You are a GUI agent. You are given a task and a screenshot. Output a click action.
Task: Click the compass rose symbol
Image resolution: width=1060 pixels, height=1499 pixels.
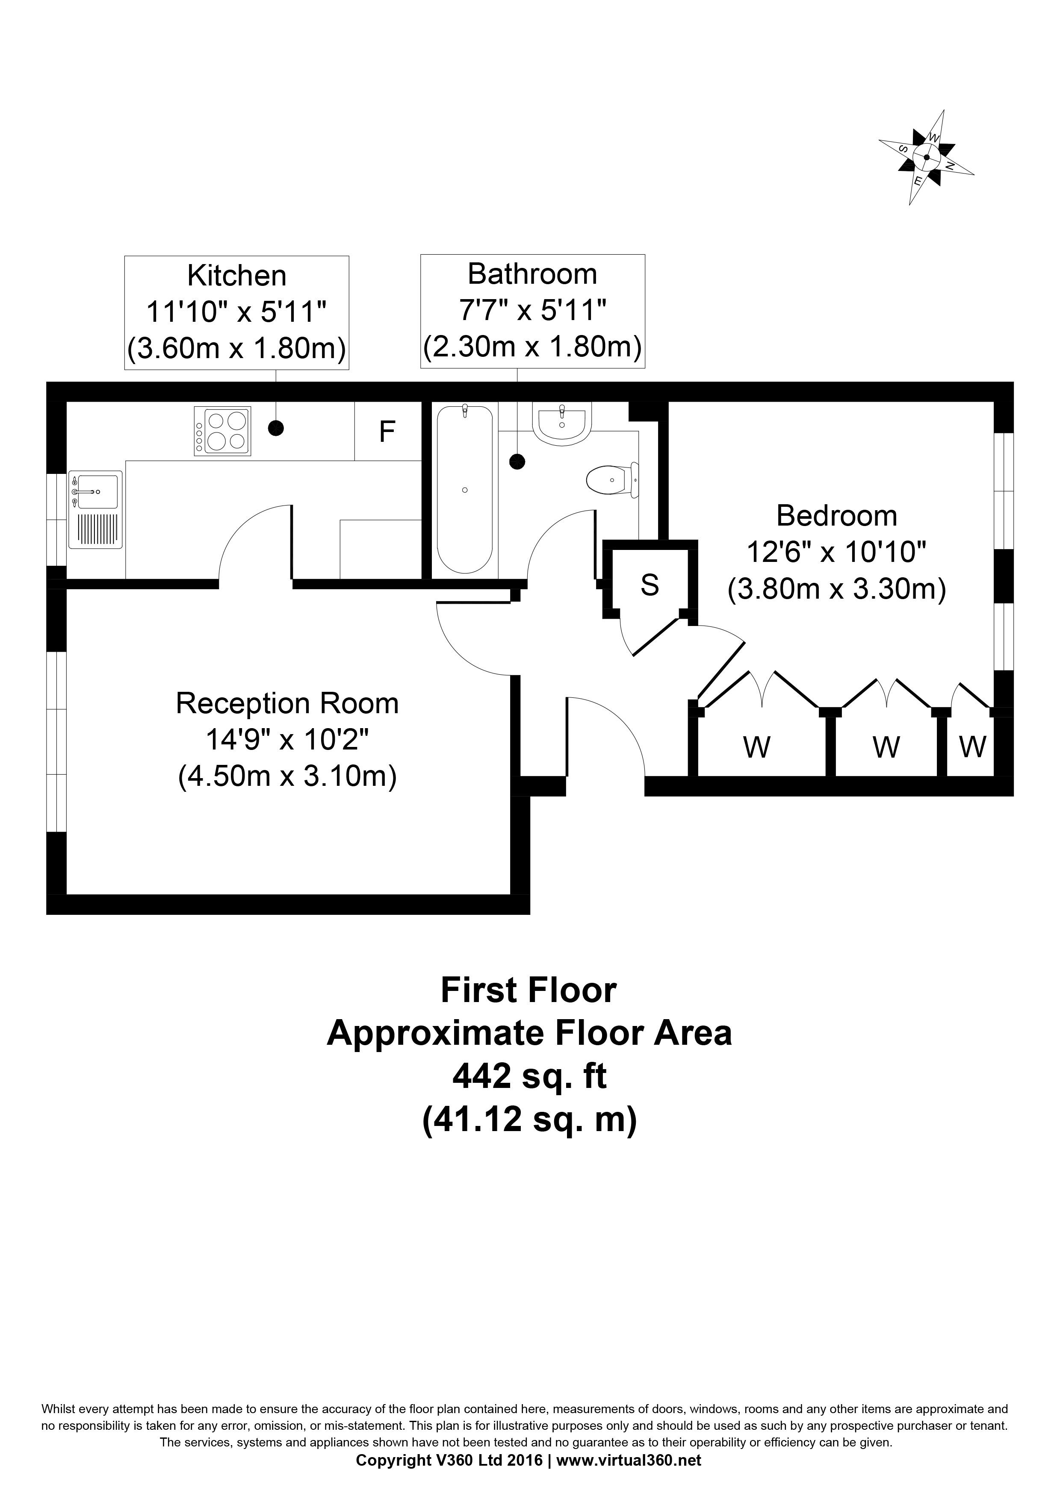click(926, 157)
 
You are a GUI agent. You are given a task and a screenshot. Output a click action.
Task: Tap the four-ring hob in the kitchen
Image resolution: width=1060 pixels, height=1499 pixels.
click(222, 431)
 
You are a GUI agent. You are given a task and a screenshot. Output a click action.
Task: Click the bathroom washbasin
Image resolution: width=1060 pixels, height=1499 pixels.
click(562, 424)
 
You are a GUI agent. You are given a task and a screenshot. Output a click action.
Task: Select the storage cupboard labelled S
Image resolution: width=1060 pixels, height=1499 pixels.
click(650, 584)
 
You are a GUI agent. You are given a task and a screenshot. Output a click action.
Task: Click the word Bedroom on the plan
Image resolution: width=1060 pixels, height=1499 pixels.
click(837, 516)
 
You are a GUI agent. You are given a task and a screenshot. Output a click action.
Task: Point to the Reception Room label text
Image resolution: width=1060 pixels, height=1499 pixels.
click(287, 703)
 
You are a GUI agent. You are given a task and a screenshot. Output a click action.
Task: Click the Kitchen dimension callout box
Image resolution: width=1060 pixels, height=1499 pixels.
click(236, 312)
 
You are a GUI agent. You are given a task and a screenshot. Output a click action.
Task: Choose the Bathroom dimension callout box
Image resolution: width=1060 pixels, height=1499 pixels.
click(532, 311)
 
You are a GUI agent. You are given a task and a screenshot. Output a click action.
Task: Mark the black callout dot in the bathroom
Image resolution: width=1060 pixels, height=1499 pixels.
click(517, 461)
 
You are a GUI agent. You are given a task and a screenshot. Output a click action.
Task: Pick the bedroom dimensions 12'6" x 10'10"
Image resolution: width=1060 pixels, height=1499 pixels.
click(837, 553)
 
